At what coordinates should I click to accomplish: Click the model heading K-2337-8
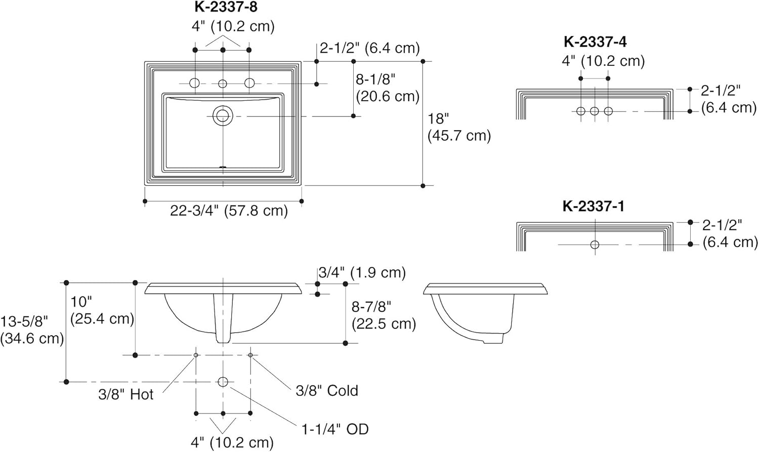[x=226, y=7]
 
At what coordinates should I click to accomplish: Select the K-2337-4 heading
[x=595, y=42]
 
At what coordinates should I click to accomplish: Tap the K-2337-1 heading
[x=594, y=207]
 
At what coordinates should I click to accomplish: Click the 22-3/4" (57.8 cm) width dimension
[x=229, y=211]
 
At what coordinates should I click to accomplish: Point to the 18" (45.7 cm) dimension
[x=459, y=127]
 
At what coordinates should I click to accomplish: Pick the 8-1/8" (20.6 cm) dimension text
[x=388, y=88]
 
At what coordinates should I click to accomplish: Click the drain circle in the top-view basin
[x=222, y=116]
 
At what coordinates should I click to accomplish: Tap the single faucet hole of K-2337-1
[x=595, y=244]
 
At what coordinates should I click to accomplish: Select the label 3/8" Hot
[x=125, y=394]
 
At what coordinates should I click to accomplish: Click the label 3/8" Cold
[x=327, y=391]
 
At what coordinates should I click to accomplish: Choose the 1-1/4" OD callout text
[x=335, y=430]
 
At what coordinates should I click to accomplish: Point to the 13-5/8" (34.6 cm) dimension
[x=31, y=330]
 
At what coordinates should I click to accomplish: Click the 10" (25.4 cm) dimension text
[x=102, y=310]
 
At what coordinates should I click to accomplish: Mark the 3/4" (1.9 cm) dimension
[x=362, y=272]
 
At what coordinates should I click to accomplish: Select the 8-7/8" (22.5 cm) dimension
[x=384, y=315]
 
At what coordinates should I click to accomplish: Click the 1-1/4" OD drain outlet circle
[x=223, y=382]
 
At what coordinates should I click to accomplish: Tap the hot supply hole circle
[x=196, y=355]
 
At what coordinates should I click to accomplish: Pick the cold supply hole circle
[x=250, y=355]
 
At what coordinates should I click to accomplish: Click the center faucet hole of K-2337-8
[x=222, y=84]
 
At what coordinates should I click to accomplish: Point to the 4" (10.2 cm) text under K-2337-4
[x=603, y=61]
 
